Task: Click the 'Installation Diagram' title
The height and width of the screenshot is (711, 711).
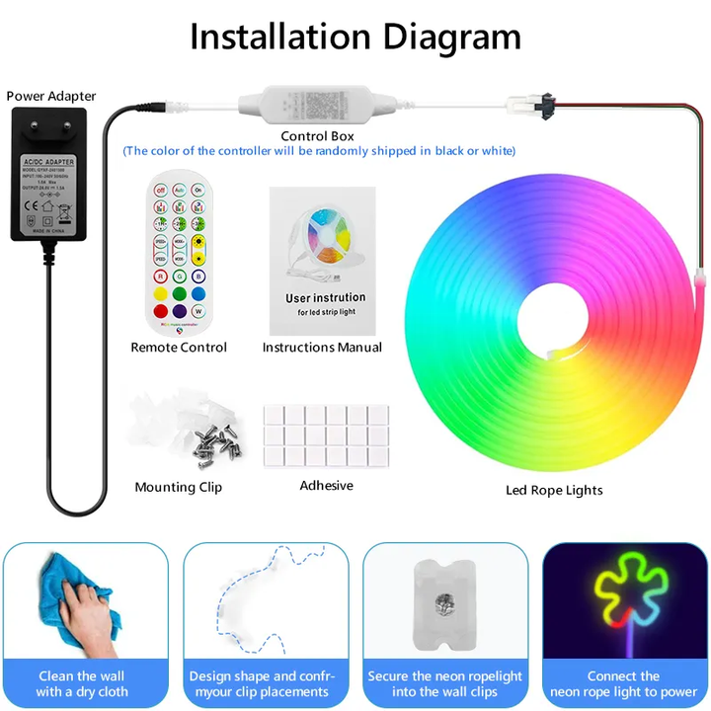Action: pyautogui.click(x=355, y=37)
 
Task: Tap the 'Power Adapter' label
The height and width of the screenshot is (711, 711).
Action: pyautogui.click(x=51, y=96)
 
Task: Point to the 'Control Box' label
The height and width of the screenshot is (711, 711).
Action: pyautogui.click(x=317, y=136)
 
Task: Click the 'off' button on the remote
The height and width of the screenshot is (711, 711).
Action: pyautogui.click(x=160, y=189)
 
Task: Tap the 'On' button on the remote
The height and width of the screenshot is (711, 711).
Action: pyautogui.click(x=198, y=189)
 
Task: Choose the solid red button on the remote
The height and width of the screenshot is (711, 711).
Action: pyautogui.click(x=160, y=293)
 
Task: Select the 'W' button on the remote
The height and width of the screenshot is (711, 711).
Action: pyautogui.click(x=198, y=313)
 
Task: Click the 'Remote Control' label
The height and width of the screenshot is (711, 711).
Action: pyautogui.click(x=179, y=348)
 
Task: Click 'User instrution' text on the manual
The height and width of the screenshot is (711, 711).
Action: pyautogui.click(x=325, y=297)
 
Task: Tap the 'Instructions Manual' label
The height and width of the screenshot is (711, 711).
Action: pyautogui.click(x=322, y=348)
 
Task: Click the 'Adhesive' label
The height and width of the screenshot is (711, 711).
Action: pyautogui.click(x=326, y=485)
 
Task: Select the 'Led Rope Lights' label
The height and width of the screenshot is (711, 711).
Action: pyautogui.click(x=554, y=490)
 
